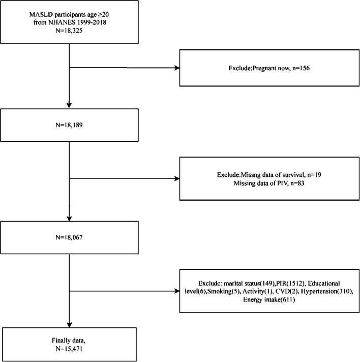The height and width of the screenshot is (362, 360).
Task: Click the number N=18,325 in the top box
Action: coord(69,31)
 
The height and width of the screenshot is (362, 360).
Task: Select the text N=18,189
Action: coord(69,125)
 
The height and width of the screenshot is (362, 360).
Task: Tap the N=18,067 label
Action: coord(69,237)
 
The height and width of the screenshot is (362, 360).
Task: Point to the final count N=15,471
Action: coord(69,349)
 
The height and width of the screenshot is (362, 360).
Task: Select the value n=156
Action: coord(301,68)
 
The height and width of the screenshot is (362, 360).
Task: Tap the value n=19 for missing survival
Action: coord(314,175)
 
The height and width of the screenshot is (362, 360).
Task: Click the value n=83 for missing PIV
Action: coord(297,184)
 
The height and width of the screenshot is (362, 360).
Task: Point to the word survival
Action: coord(294,175)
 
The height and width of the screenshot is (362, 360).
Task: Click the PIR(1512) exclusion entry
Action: coord(290,283)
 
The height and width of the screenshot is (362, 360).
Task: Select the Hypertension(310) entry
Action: coord(327,291)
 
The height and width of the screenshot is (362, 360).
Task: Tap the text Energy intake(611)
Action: coord(269,299)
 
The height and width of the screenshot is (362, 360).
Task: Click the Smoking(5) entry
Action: coord(224,291)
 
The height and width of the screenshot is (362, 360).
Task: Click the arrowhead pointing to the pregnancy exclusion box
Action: coord(177,68)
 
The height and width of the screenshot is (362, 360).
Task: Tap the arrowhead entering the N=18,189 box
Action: coord(69,105)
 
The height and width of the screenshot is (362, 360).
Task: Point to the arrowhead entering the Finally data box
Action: coord(69,325)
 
